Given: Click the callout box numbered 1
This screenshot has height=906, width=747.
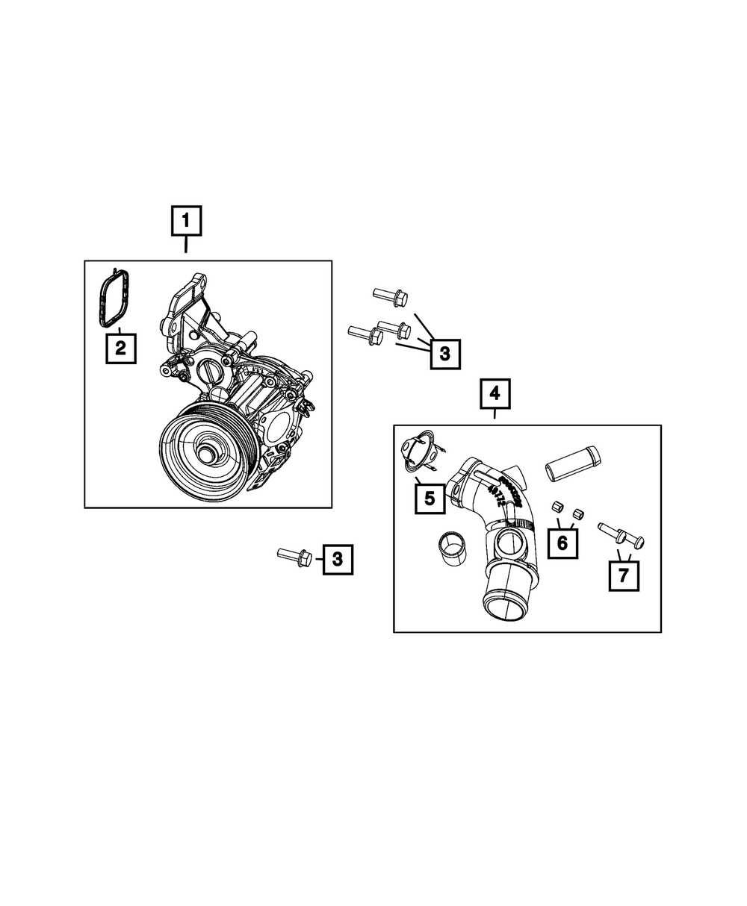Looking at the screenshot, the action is (186, 220).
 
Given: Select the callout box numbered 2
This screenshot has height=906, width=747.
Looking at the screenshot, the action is (121, 348).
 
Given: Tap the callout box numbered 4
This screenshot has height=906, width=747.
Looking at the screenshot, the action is (495, 393).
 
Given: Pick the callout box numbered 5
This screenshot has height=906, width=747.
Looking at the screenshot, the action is (430, 499).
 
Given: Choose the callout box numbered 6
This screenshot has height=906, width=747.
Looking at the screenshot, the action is (562, 543).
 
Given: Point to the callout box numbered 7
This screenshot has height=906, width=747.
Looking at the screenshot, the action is (624, 576).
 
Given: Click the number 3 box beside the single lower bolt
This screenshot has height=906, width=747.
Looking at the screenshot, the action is (338, 559).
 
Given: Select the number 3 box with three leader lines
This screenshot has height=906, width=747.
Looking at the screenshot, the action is (445, 354).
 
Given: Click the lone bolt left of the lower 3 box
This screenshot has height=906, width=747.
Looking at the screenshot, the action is (295, 557).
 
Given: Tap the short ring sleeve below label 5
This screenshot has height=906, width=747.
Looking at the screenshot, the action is (452, 549).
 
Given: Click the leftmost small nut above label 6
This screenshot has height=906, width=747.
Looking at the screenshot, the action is (557, 507).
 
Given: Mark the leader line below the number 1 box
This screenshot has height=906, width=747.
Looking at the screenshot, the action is (186, 244).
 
